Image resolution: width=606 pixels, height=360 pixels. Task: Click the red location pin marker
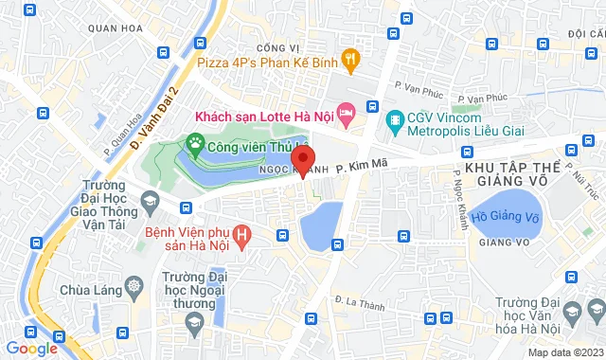(302, 157)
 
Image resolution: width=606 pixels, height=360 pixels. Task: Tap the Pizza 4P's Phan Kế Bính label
(268, 63)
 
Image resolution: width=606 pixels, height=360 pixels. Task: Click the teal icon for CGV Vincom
(394, 117)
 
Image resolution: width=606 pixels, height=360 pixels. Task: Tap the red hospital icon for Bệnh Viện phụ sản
(243, 233)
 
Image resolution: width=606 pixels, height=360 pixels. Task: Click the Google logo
(30, 348)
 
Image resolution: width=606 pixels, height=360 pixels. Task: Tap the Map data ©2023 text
(564, 353)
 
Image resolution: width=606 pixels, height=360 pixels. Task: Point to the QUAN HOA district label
(109, 28)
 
